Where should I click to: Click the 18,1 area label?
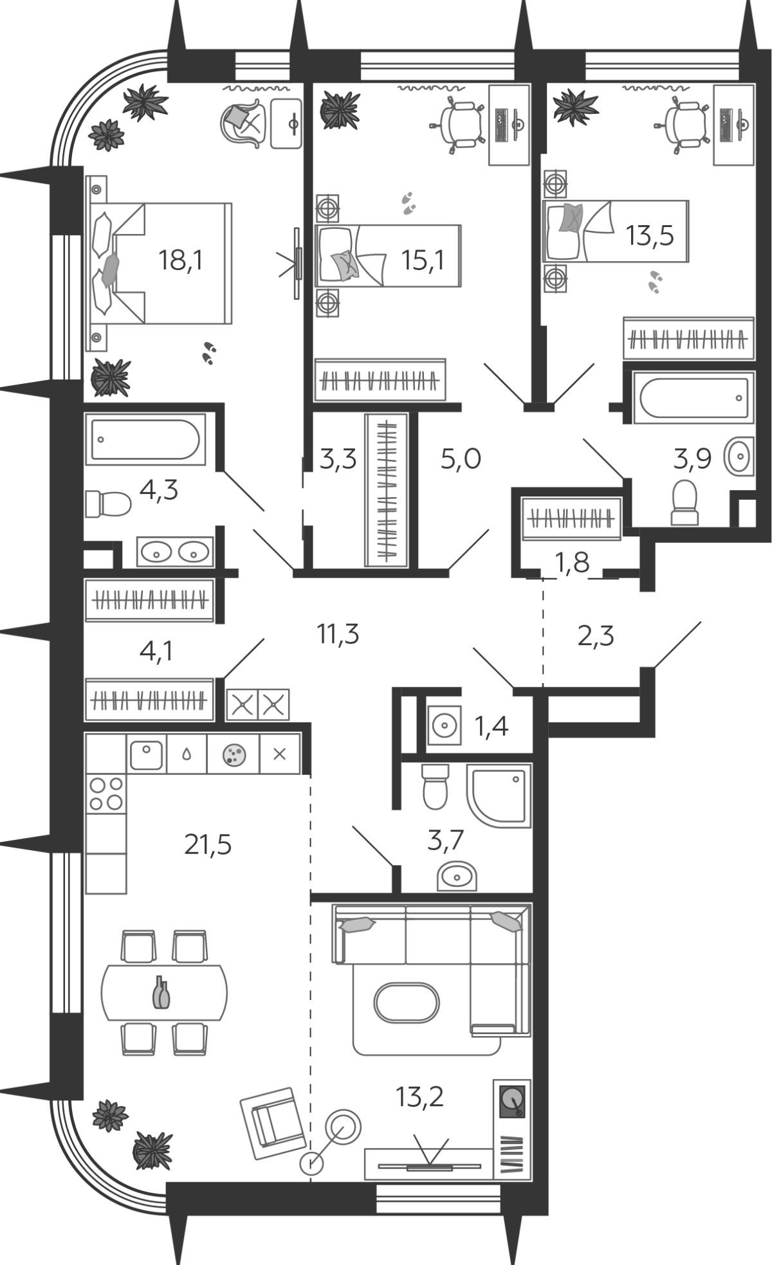(181, 260)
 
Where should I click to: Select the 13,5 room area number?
(650, 236)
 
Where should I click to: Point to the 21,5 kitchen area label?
(208, 844)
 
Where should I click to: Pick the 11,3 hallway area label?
(338, 635)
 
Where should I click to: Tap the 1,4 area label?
(491, 727)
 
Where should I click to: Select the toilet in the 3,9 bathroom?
(685, 504)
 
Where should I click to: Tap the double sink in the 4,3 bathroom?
(175, 551)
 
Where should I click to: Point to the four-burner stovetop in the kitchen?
(106, 794)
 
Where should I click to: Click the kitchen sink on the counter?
(147, 755)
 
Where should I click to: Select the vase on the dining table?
(161, 994)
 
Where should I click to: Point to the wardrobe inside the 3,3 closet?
(386, 491)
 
